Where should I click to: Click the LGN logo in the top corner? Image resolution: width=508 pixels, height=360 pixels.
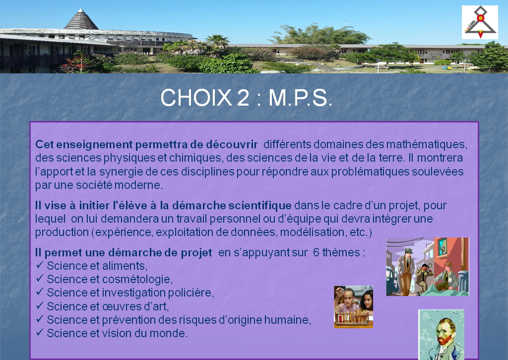[x=480, y=22]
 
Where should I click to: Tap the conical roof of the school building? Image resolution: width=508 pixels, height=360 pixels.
[x=81, y=19]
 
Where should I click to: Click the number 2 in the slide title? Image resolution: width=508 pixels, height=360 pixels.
[x=243, y=98]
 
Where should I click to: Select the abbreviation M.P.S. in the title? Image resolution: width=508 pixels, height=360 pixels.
[x=300, y=98]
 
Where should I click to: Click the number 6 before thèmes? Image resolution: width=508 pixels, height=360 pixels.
[x=316, y=252]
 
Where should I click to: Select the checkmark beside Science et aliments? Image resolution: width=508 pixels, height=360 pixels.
[x=40, y=265]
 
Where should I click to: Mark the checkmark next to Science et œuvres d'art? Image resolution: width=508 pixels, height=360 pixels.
[x=40, y=305]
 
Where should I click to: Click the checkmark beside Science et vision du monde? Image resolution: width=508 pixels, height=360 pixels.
[x=40, y=332]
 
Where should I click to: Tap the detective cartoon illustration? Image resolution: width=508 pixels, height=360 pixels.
[x=427, y=267]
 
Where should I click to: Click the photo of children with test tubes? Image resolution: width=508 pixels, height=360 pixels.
[x=353, y=307]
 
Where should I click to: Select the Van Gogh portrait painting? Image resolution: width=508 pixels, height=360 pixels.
[x=441, y=335]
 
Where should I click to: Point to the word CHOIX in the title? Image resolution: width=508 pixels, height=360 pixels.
[x=196, y=98]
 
